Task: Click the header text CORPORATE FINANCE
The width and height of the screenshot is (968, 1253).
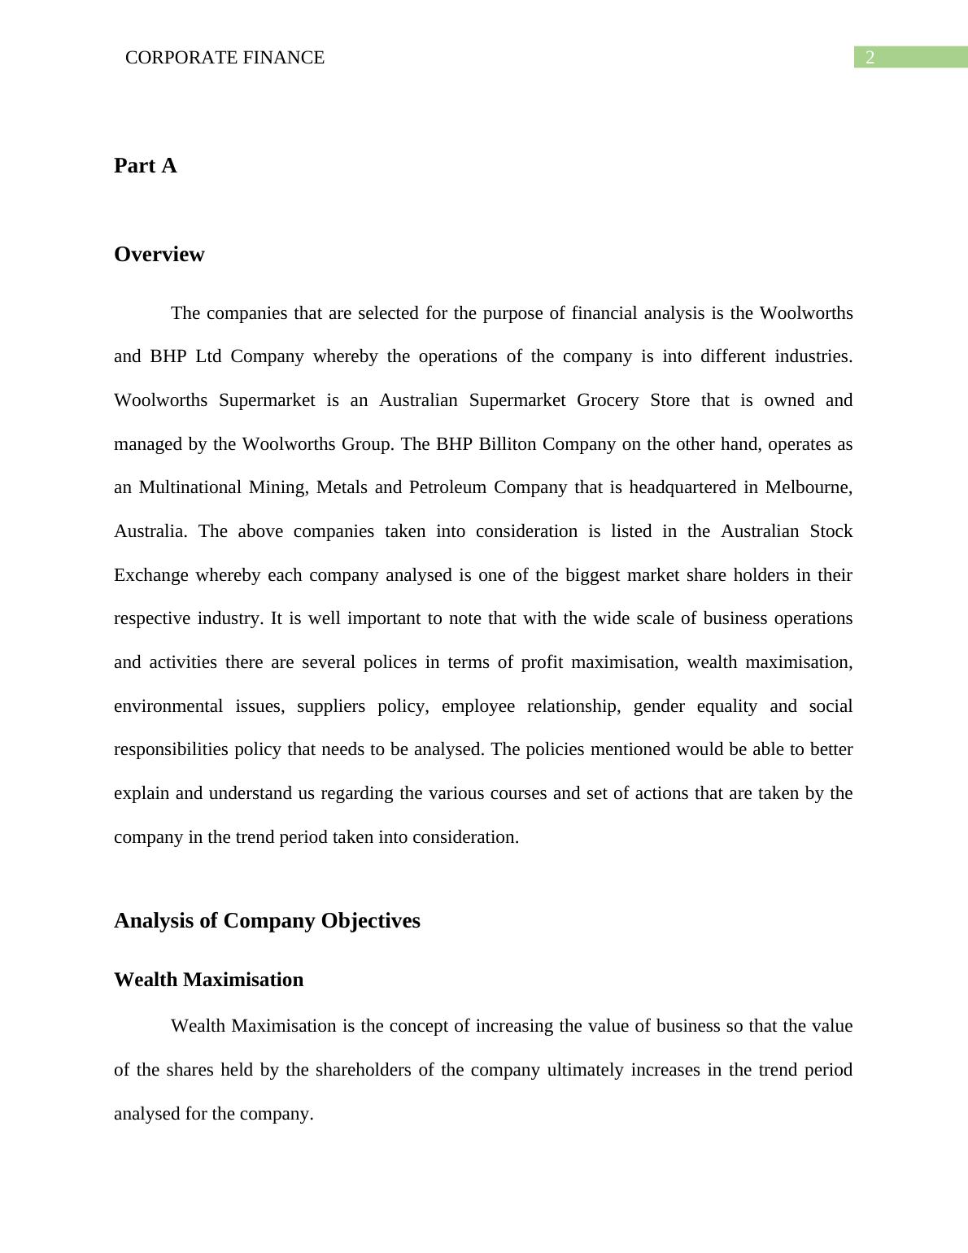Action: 225,58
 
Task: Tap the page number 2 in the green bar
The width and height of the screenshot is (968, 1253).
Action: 870,58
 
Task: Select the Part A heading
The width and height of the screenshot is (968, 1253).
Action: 145,166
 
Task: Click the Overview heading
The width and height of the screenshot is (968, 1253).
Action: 159,255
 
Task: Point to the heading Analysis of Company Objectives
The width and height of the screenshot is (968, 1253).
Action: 267,921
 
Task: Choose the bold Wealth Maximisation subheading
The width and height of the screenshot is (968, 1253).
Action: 208,980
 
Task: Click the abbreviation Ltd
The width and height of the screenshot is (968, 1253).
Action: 208,357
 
